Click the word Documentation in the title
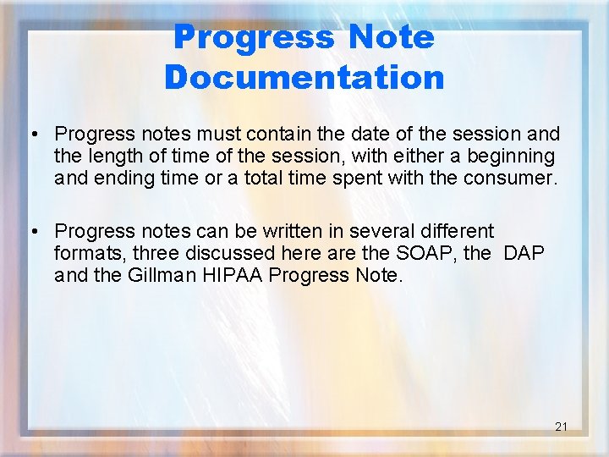click(x=304, y=77)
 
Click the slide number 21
click(x=561, y=427)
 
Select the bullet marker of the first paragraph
click(x=30, y=135)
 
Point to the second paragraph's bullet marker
click(x=30, y=231)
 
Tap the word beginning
click(x=515, y=157)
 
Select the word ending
click(x=113, y=179)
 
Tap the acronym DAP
click(x=525, y=253)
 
